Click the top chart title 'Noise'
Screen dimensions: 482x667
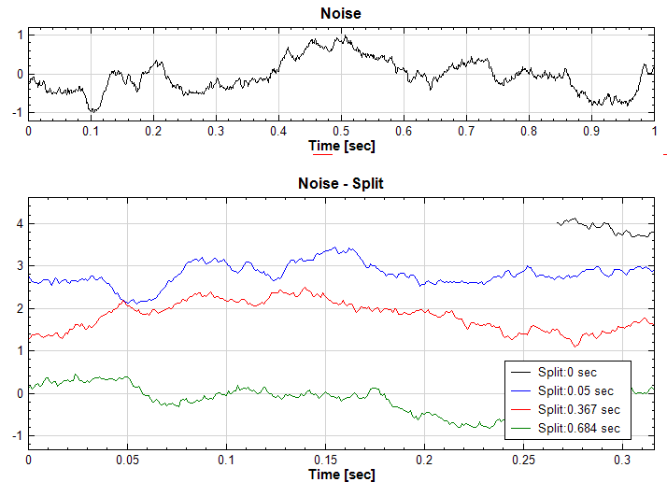click(x=340, y=13)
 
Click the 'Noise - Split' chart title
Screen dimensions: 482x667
click(x=340, y=183)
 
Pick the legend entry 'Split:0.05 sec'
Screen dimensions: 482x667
click(x=580, y=390)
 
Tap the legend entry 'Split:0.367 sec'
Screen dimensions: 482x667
click(x=583, y=409)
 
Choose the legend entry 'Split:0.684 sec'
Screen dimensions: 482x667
click(x=583, y=428)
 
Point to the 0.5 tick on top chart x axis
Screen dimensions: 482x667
click(x=341, y=132)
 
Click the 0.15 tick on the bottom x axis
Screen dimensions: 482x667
click(x=325, y=461)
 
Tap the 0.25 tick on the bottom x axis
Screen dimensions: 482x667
click(x=524, y=461)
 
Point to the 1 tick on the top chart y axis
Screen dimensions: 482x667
click(x=19, y=35)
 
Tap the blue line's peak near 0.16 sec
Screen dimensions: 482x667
click(x=348, y=248)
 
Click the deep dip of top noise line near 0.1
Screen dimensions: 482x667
click(x=92, y=111)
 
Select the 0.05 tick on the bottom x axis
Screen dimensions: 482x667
click(x=127, y=461)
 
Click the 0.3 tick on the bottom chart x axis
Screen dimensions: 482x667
click(x=623, y=461)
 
